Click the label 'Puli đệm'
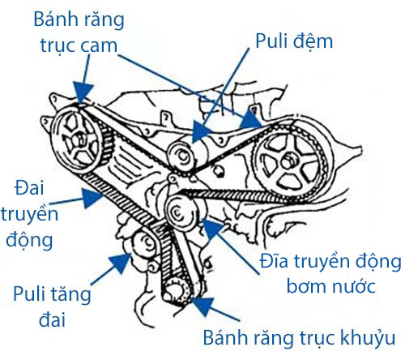[294, 41]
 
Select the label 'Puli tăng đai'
[52, 306]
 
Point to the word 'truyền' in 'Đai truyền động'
[30, 214]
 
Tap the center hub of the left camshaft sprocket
[78, 139]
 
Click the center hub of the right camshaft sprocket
[288, 161]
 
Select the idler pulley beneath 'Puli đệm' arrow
[181, 156]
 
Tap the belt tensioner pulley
[146, 244]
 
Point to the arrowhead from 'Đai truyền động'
[92, 198]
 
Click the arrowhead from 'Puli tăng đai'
[121, 263]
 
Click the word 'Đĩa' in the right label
[274, 262]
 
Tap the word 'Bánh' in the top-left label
[56, 19]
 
